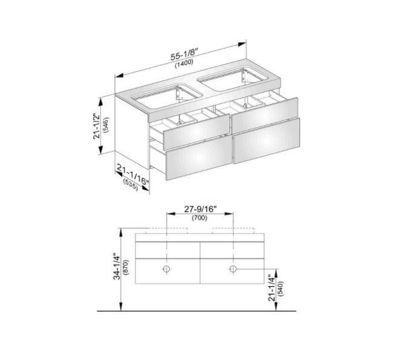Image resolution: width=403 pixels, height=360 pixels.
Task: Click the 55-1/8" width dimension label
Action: [x=184, y=54]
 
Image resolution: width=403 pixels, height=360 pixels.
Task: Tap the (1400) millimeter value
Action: [x=184, y=64]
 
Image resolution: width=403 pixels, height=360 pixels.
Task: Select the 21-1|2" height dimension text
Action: [x=97, y=126]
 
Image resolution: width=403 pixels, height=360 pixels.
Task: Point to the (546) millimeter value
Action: [x=106, y=125]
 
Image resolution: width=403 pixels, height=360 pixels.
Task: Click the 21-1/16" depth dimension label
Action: [x=133, y=175]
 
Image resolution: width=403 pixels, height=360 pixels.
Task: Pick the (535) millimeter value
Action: [x=131, y=185]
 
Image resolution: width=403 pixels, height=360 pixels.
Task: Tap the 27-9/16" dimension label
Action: [x=200, y=209]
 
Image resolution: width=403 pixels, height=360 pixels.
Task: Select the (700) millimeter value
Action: [x=200, y=218]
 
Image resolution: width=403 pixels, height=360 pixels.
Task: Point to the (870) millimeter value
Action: [x=126, y=267]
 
